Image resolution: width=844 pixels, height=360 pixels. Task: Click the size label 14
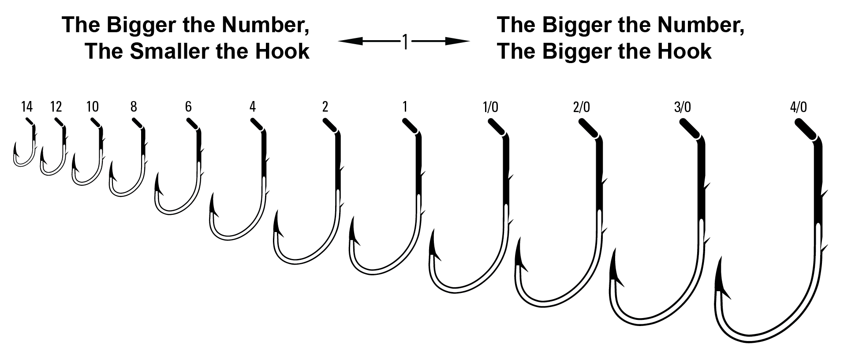tap(26, 107)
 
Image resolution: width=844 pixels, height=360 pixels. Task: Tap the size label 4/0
tap(799, 107)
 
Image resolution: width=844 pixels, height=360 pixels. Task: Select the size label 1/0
tap(490, 107)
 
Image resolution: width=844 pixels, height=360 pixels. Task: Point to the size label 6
tap(188, 107)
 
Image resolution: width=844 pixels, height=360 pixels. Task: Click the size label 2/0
tap(581, 107)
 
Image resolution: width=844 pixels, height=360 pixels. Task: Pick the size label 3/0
tap(682, 107)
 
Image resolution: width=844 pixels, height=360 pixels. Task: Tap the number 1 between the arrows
tap(405, 42)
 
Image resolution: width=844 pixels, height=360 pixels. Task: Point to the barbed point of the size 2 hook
tap(277, 223)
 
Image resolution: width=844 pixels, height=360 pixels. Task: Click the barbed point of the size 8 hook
tap(112, 170)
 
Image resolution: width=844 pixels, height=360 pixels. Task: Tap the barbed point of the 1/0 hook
tap(435, 245)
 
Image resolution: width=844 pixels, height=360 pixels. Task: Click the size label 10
tap(93, 107)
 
